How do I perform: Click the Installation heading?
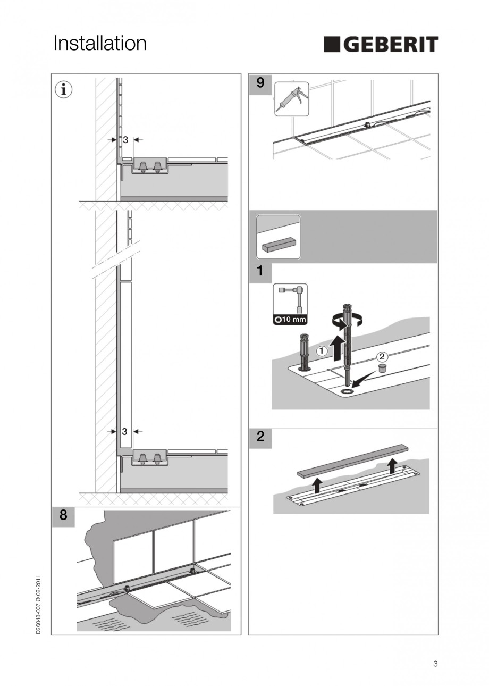coord(100,44)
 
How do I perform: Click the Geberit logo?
coord(381,45)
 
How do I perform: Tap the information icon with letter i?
coord(64,90)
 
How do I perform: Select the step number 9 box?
coord(260,83)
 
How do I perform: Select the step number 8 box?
coord(63,516)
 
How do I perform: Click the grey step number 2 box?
coord(260,437)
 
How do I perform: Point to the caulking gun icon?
coord(291,98)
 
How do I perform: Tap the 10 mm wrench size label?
coord(290,320)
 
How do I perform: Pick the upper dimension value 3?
coord(125,140)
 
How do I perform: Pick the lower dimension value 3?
coord(124,432)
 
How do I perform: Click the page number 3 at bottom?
coord(435,663)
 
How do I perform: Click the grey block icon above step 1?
coord(279,237)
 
